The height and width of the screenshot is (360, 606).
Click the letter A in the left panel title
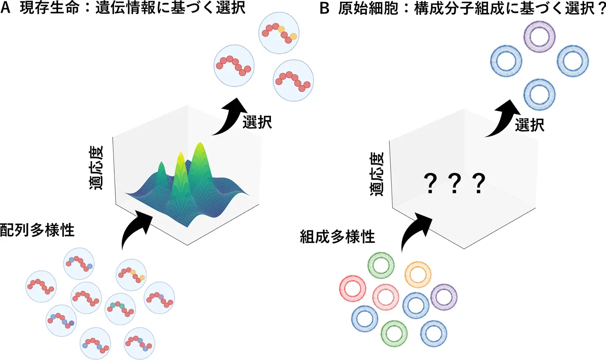pos(5,8)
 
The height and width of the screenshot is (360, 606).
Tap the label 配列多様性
pos(37,230)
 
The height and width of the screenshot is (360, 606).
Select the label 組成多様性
pos(338,237)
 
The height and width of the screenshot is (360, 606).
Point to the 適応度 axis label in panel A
pos(96,168)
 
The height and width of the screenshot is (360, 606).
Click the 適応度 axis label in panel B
pos(377,174)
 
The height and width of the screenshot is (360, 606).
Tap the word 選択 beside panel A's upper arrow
pos(257,122)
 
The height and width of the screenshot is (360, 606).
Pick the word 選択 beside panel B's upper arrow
pos(529,125)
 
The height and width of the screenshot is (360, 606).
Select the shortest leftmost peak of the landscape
pos(161,165)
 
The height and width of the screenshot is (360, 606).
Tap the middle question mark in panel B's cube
pos(454,184)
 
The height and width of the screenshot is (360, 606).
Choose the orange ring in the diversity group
pos(418,274)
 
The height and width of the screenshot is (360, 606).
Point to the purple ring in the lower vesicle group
pos(444,297)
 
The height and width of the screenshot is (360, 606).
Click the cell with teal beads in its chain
pos(120,309)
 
